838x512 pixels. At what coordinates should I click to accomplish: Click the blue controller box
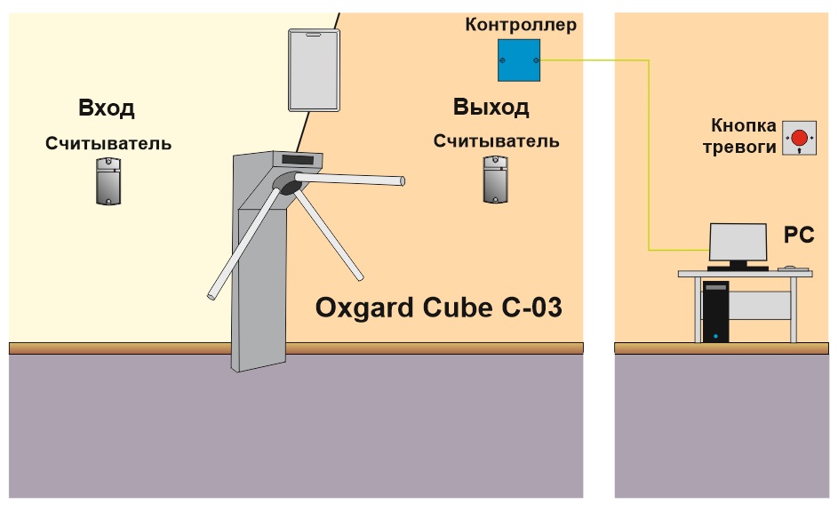point(518,60)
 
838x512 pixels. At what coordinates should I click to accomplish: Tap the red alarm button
point(799,138)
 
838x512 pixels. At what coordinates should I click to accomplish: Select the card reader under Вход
point(108,180)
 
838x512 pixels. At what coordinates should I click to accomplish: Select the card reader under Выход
point(496,179)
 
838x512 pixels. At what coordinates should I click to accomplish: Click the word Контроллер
point(521,25)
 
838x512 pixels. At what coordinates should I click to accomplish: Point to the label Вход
point(107,108)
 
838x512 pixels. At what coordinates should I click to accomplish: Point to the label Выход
point(491,107)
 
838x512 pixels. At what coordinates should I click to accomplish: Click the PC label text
point(798,235)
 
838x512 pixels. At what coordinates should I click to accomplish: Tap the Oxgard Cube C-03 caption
point(438,308)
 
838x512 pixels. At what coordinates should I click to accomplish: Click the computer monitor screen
point(738,242)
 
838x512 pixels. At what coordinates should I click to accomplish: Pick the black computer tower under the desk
point(715,312)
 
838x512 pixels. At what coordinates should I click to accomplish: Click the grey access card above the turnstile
point(314,70)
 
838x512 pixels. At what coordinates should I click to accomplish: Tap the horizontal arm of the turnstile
point(349,179)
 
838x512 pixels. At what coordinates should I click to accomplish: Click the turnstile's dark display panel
point(296,159)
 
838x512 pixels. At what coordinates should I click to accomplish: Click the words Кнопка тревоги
point(739,136)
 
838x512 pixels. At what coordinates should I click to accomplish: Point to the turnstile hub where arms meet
point(287,184)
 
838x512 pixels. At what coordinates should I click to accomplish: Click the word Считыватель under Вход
point(108,143)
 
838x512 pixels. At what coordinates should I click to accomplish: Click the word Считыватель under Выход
point(496,141)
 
